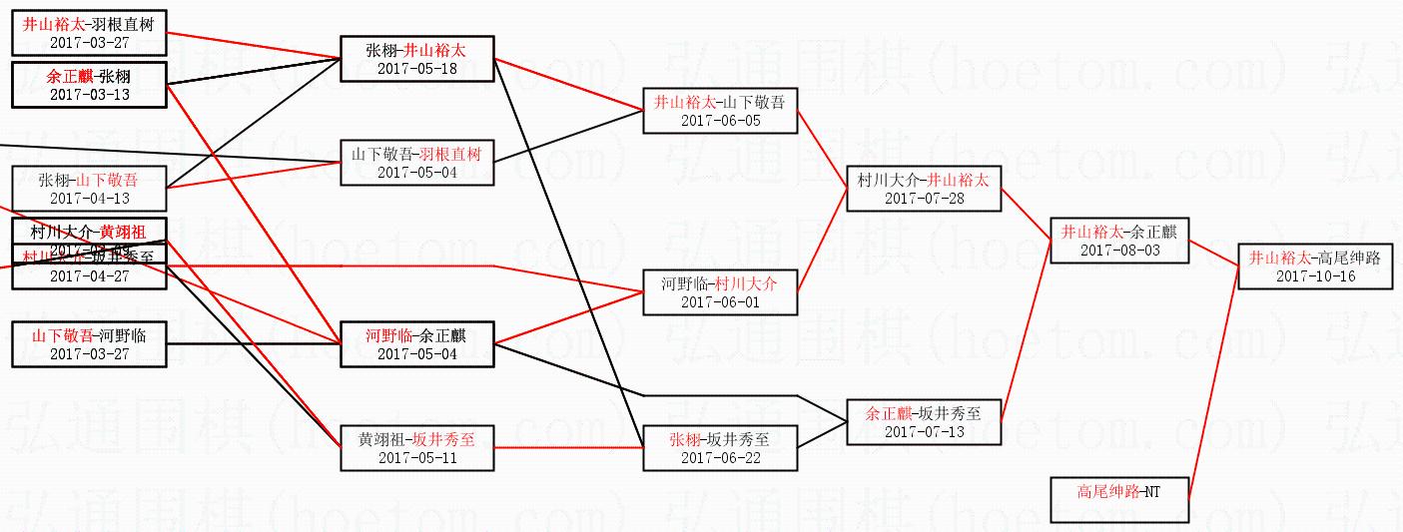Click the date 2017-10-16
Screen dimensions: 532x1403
coord(1315,276)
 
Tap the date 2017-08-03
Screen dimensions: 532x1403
coord(1119,251)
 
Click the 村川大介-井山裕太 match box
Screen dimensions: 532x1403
coord(923,189)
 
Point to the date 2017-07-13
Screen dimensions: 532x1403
coord(923,431)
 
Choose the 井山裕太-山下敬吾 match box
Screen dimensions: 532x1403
coord(719,110)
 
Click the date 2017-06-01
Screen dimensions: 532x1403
coord(719,302)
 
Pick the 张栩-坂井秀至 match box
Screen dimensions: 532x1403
coord(719,447)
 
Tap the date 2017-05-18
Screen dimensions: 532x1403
coord(416,69)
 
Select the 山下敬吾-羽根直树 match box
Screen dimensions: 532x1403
coord(416,163)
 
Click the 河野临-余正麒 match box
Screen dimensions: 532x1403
coord(416,344)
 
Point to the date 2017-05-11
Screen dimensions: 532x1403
coord(416,457)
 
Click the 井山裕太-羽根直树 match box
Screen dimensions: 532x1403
coord(89,32)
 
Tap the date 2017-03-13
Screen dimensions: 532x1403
coord(89,94)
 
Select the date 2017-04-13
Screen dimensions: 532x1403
coord(89,199)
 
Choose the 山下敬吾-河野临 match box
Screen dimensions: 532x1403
coord(89,344)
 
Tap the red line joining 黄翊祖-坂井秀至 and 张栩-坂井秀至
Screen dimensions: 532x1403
coord(569,447)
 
